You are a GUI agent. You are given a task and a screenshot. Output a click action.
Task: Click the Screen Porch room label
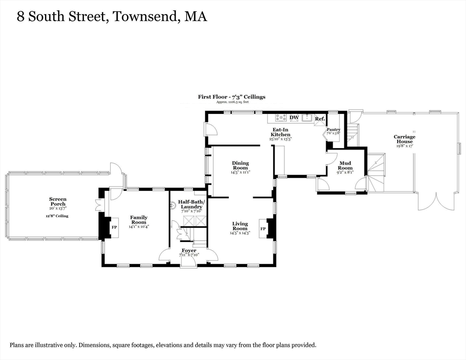pos(58,202)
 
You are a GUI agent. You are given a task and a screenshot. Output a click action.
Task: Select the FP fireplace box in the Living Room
pos(263,229)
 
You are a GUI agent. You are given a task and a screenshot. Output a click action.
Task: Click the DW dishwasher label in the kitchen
pos(294,118)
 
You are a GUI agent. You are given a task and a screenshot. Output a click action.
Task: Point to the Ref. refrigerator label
pos(320,119)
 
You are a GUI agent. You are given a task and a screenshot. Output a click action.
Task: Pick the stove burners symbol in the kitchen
pos(281,117)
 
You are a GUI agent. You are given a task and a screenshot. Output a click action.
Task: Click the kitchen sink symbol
pos(308,117)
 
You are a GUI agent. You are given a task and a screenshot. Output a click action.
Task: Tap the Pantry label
pos(333,129)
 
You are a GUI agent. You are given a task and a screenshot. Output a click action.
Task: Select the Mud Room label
pos(345,165)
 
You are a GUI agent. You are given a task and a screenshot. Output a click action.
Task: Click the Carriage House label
pos(404,139)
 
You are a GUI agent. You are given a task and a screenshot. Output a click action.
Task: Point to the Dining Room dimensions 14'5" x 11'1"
pos(241,172)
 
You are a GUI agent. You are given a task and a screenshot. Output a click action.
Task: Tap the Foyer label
pos(189,250)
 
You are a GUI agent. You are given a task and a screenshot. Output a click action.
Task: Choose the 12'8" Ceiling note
pos(57,216)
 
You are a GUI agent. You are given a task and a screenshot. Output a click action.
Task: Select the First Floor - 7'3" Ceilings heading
pos(231,97)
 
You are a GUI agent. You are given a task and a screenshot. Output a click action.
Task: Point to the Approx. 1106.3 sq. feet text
pos(231,102)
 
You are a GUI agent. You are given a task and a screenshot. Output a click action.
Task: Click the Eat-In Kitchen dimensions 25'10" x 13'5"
pos(280,139)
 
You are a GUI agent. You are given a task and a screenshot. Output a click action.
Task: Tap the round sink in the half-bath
pos(172,210)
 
